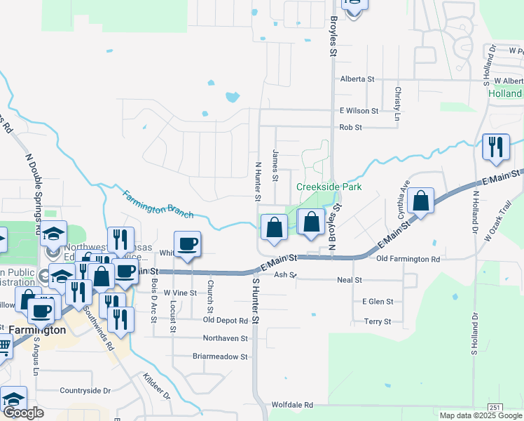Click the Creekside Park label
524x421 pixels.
tap(329, 187)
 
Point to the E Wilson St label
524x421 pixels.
tap(359, 111)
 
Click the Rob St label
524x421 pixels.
tap(350, 128)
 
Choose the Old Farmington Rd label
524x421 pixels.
tap(408, 259)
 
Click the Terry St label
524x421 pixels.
tap(377, 321)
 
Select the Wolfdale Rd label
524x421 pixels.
tap(292, 405)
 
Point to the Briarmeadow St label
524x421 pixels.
tap(220, 356)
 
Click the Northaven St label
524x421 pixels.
tap(225, 338)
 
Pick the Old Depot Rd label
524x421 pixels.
tap(226, 321)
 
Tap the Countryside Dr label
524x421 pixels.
tap(85, 390)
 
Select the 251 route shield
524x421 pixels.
tap(496, 407)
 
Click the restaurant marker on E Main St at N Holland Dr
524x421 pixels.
tap(495, 147)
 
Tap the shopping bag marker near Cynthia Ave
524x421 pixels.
tap(420, 201)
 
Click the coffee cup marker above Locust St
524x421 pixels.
tap(187, 244)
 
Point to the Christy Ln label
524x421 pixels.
tap(397, 101)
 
